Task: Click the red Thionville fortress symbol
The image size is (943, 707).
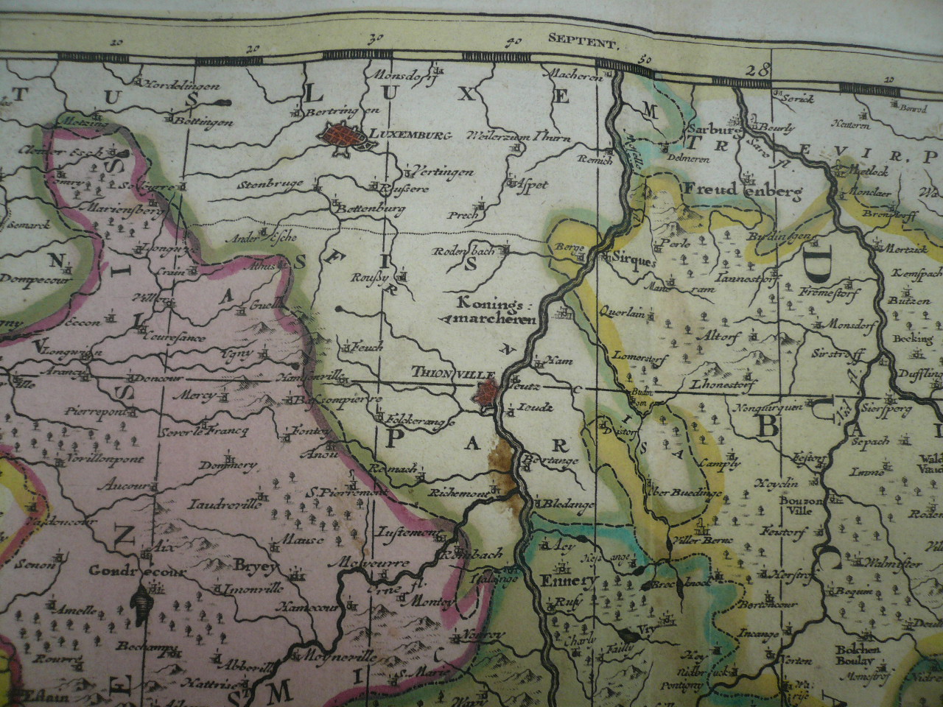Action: (x=488, y=391)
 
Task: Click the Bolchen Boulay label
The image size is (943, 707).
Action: (x=855, y=655)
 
